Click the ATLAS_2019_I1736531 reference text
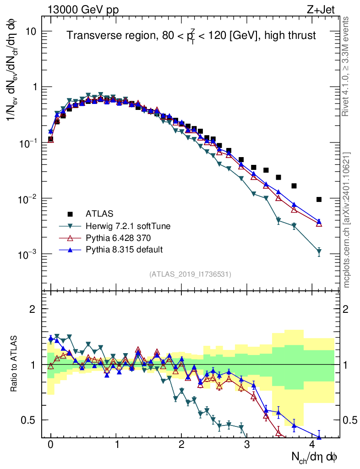click(190, 274)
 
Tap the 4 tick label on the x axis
click(312, 444)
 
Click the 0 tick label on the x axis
click(50, 444)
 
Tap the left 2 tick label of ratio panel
click(33, 309)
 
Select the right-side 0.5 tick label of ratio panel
click(350, 420)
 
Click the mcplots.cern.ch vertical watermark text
click(347, 220)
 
